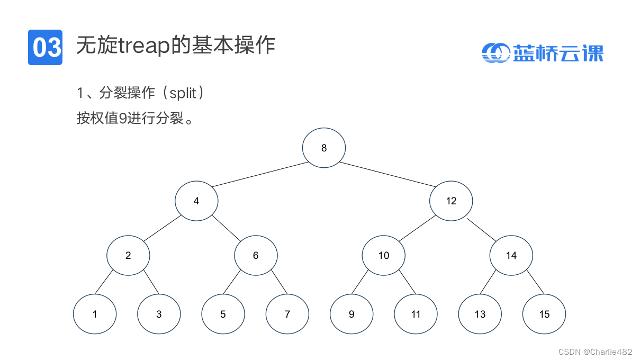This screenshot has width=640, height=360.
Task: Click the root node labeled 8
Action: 324,148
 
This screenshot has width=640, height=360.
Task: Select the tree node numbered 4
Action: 196,201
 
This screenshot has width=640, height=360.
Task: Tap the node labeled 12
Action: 451,201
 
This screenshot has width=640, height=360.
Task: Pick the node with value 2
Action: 128,256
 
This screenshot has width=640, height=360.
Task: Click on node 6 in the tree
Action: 256,256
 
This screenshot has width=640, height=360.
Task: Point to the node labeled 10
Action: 383,256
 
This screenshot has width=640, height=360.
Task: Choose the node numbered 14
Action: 511,256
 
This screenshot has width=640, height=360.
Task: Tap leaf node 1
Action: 95,314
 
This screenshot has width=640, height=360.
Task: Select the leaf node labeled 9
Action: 351,314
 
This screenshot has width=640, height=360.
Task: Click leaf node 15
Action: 544,314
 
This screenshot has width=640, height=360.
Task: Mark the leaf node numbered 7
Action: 287,314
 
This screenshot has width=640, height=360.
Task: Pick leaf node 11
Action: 416,314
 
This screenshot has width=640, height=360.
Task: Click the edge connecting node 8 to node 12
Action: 387,175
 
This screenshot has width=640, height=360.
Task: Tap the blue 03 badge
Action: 45,47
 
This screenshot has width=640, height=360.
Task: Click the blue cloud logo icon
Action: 495,53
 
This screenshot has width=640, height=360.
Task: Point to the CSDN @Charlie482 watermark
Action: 595,352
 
